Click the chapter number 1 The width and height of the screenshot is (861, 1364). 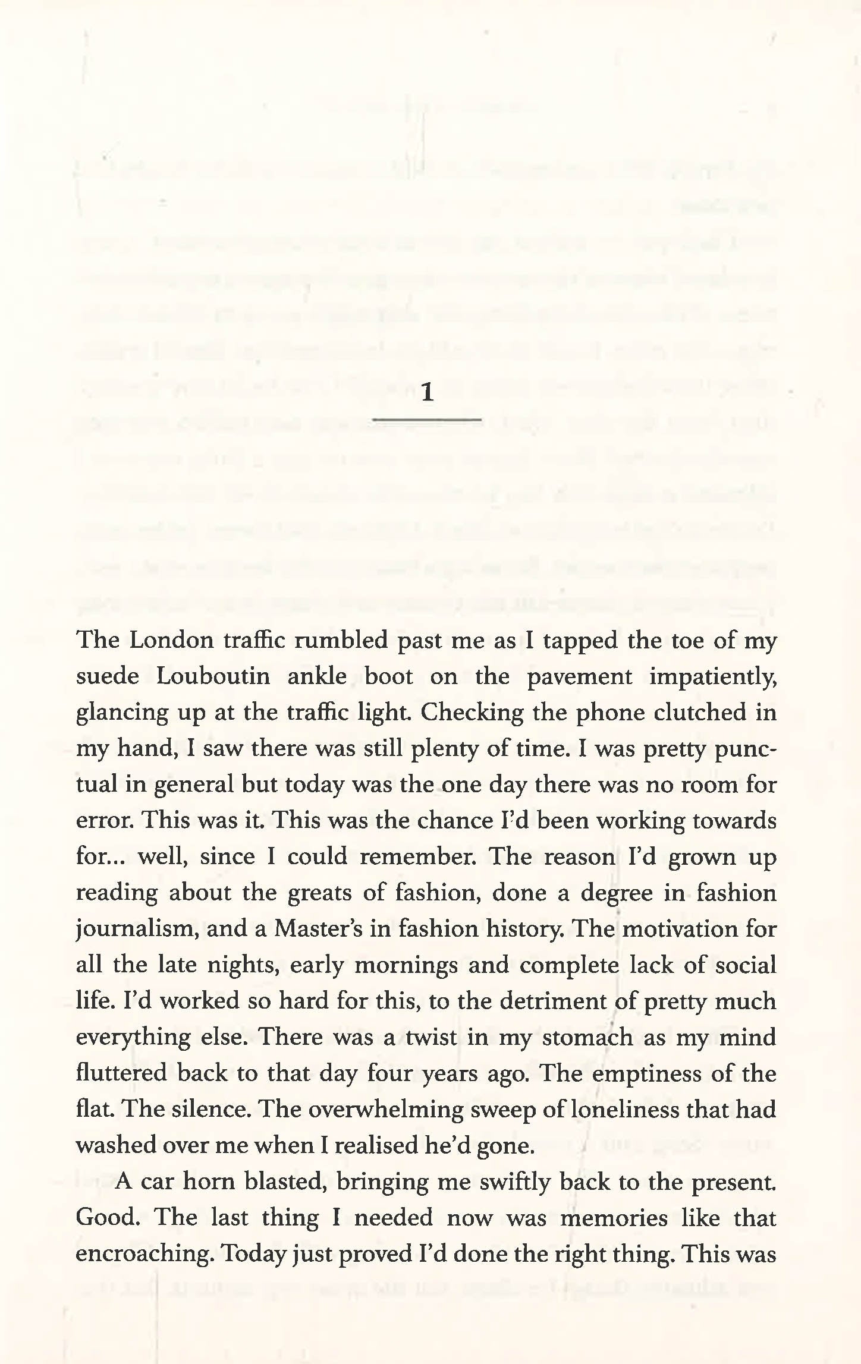[x=427, y=392]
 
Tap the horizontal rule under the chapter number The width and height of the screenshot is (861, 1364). [x=426, y=420]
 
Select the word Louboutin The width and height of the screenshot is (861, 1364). [x=213, y=676]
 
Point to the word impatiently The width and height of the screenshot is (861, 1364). [x=712, y=678]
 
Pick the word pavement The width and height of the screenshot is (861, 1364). [x=579, y=678]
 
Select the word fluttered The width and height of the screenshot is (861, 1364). [x=122, y=1073]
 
